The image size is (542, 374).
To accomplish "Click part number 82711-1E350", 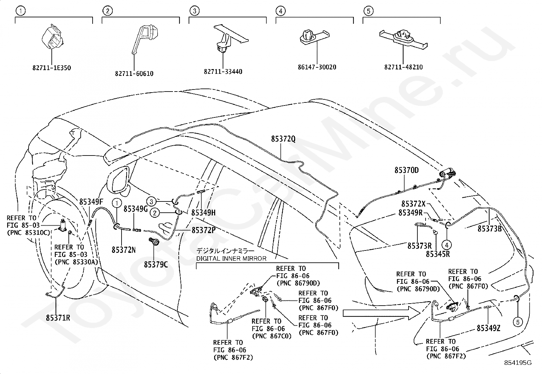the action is (52, 68).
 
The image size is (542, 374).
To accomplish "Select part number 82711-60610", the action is (134, 74).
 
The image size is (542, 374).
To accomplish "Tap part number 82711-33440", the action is (223, 71).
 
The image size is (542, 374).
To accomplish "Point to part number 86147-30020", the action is (317, 67).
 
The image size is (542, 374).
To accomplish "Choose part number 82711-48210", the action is (403, 67).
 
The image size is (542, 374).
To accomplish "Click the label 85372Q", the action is (283, 139).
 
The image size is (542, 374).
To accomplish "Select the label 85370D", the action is (406, 170).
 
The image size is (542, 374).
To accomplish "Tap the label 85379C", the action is (156, 265).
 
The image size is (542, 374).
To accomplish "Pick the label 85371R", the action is (58, 318).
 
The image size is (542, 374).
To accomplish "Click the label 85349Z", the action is (489, 328).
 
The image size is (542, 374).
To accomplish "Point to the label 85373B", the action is (490, 229).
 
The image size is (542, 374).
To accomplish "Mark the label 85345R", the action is (438, 254).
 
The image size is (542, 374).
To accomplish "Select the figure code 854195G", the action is (518, 363).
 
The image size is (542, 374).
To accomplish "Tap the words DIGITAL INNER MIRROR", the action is (231, 258).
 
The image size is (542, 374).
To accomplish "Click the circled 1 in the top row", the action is (20, 11).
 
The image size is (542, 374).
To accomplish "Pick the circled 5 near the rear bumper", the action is (518, 322).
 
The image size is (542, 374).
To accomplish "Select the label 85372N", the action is (124, 250).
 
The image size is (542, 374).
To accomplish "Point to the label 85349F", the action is (91, 202).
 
